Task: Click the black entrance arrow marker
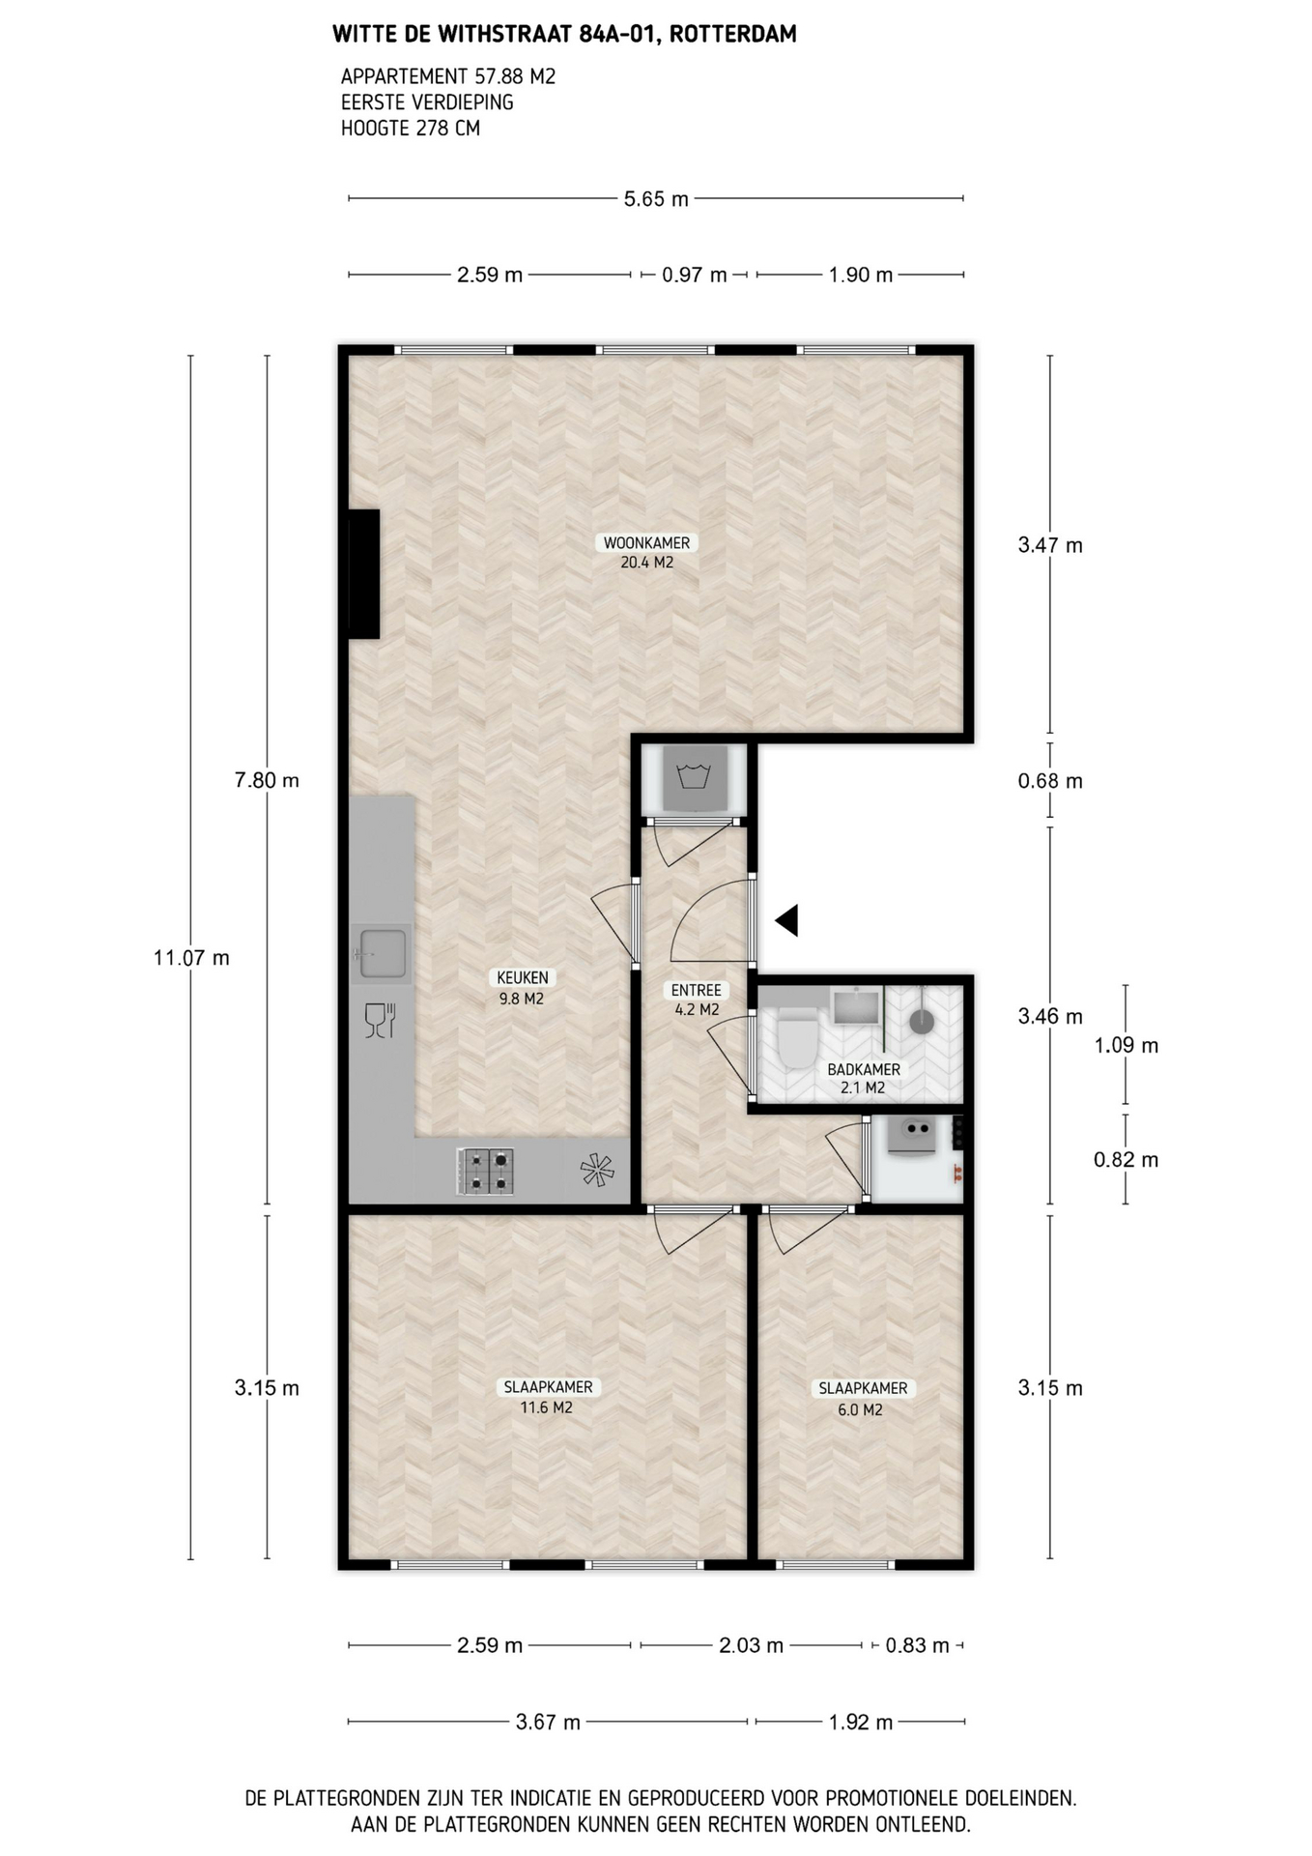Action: click(788, 920)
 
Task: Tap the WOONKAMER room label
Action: click(647, 543)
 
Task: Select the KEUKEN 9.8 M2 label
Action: click(523, 988)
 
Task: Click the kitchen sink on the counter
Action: click(381, 953)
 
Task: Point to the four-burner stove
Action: click(485, 1171)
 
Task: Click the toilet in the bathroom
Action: click(797, 1037)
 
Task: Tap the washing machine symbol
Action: click(693, 778)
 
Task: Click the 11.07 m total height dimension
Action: click(191, 958)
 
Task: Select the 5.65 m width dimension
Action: click(656, 199)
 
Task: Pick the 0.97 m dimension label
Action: click(695, 275)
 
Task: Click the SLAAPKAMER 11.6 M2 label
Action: click(548, 1397)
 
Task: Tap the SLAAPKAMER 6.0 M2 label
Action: click(863, 1399)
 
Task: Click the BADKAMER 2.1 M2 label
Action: click(864, 1078)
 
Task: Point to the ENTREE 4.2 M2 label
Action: click(697, 1000)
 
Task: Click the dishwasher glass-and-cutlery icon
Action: click(380, 1021)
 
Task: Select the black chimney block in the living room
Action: click(364, 573)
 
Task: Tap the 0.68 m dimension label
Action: click(1050, 781)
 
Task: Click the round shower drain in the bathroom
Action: click(923, 1021)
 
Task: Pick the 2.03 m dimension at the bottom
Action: click(751, 1645)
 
